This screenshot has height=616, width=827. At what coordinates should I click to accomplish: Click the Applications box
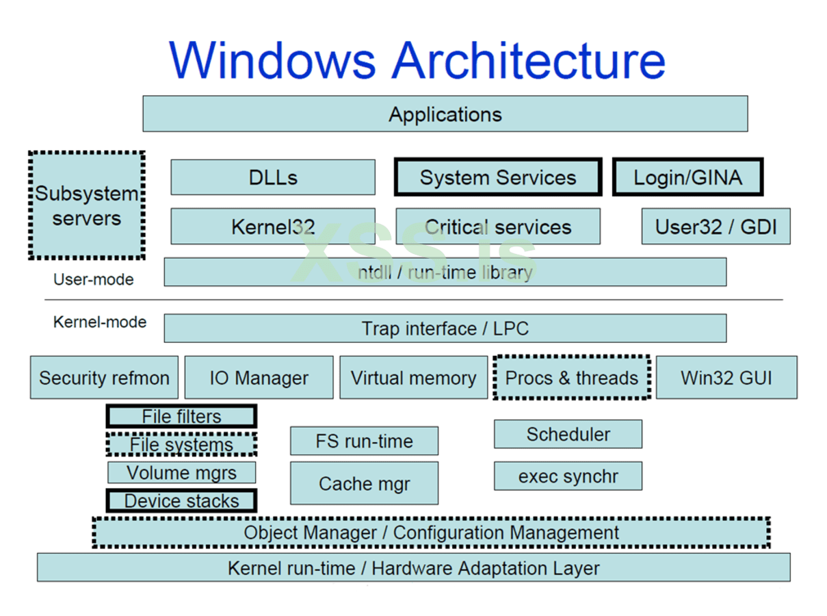tap(445, 114)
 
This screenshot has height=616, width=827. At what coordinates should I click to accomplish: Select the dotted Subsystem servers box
tap(87, 205)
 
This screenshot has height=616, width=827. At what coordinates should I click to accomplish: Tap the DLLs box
tap(273, 177)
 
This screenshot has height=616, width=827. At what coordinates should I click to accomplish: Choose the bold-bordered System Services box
tap(498, 177)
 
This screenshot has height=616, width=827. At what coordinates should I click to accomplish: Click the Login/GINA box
tap(687, 177)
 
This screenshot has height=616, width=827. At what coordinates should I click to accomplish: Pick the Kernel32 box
tap(273, 227)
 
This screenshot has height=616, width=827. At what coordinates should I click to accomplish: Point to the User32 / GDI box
tap(716, 227)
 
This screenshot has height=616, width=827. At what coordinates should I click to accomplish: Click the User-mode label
tap(94, 279)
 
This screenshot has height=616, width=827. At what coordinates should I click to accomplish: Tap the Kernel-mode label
tap(100, 322)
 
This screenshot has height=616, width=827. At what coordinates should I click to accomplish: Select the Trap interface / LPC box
tap(445, 329)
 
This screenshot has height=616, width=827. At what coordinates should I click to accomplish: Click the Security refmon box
tap(104, 377)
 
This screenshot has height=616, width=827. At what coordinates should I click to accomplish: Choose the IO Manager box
tap(259, 377)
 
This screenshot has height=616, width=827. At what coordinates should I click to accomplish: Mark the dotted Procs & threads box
tap(571, 377)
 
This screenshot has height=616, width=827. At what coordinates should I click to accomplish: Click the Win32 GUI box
tap(726, 377)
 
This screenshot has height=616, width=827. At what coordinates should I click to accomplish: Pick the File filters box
tap(181, 416)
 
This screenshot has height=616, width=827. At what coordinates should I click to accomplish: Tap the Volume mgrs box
tap(181, 472)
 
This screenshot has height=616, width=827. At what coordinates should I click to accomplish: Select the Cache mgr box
tap(364, 483)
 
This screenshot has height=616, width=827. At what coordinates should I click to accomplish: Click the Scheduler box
tap(568, 434)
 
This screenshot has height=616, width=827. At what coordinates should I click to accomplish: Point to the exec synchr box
tap(568, 476)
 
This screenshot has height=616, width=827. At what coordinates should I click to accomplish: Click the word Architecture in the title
tap(528, 60)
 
